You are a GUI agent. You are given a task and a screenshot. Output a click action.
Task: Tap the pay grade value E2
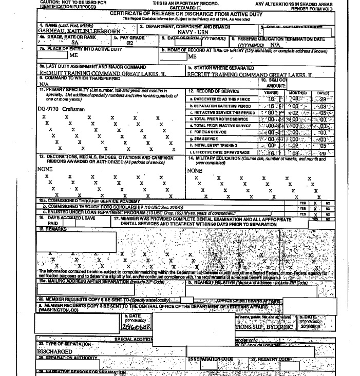[129, 45]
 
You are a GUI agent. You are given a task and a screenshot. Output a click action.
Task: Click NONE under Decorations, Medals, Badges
[45, 169]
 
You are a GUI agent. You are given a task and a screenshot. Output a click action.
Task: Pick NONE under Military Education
[195, 170]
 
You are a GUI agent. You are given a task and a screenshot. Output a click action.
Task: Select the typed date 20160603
[311, 326]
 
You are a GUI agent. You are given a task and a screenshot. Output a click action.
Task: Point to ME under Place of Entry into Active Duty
[73, 55]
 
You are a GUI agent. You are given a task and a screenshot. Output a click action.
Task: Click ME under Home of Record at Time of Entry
[193, 56]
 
